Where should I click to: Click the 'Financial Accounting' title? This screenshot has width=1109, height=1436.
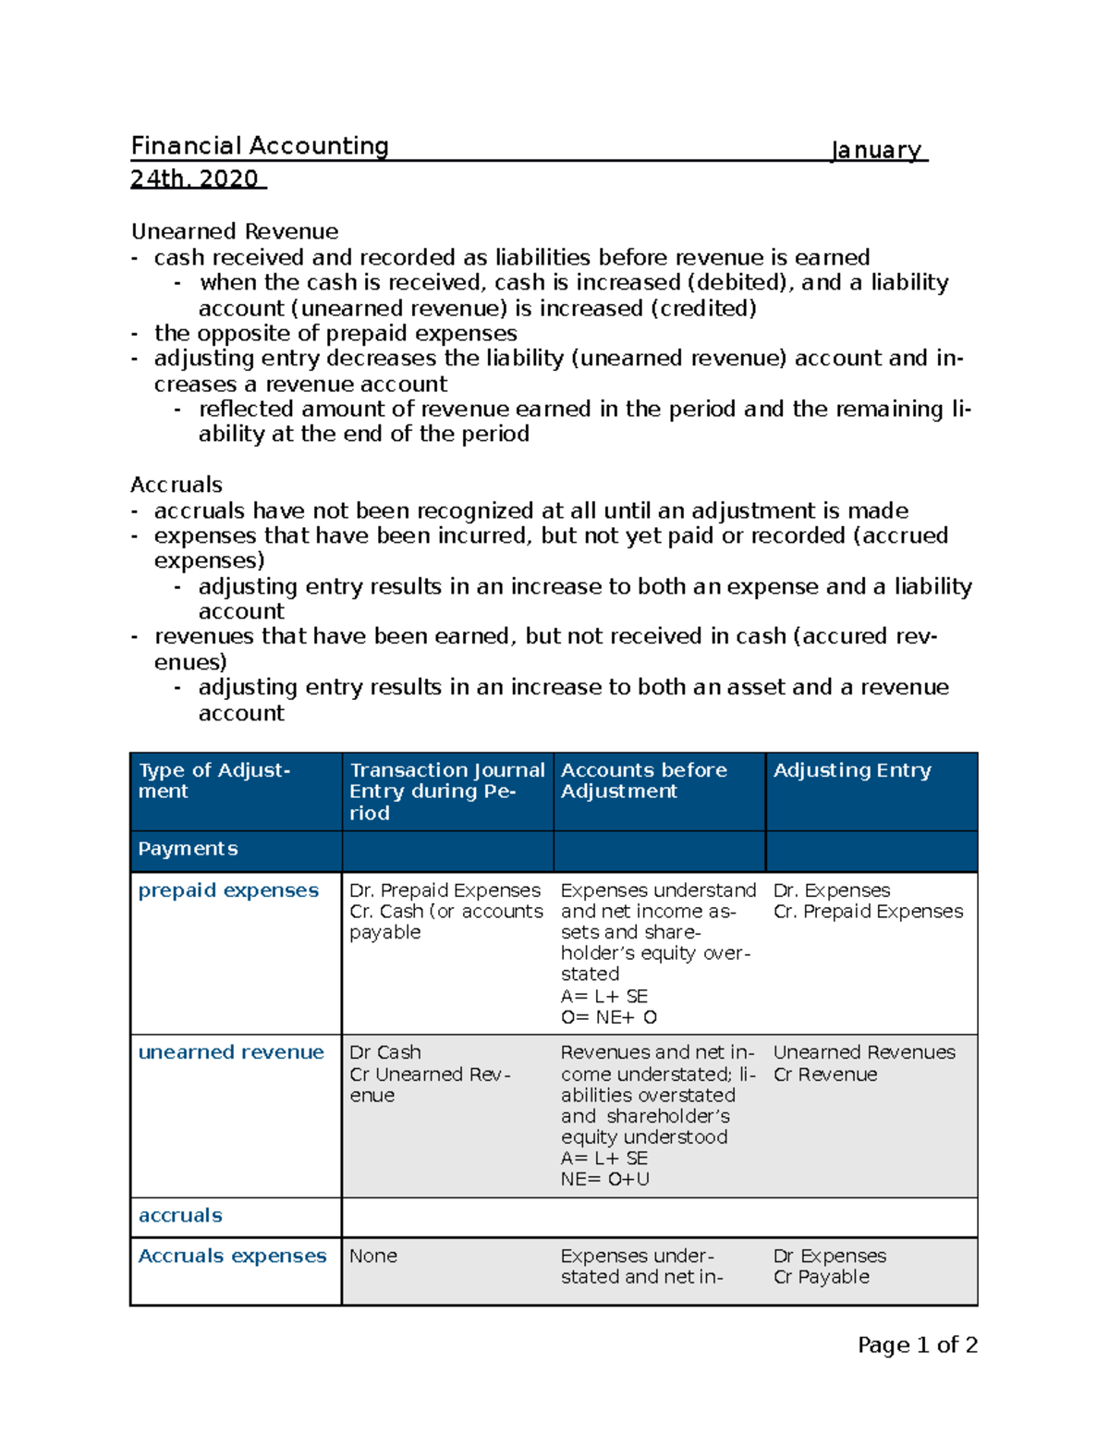pos(260,146)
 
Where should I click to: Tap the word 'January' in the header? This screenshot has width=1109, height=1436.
pos(876,150)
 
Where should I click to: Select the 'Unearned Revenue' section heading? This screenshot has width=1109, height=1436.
pos(235,231)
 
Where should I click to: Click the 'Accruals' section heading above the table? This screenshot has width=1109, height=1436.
pos(177,485)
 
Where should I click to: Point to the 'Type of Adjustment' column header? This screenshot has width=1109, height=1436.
pos(213,780)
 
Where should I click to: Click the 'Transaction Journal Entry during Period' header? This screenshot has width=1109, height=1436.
pos(446,791)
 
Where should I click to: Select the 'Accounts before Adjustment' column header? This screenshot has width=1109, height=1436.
pos(643,780)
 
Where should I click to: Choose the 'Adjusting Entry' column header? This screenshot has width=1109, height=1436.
pos(851,770)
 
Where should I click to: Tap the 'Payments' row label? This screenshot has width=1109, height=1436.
pos(188,849)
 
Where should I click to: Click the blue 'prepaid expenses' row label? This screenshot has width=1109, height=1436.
pos(228,890)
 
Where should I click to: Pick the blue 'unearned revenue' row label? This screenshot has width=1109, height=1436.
pos(231,1052)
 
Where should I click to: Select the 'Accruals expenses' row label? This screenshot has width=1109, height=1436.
pos(232,1256)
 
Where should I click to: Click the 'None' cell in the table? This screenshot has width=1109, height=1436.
pos(373,1256)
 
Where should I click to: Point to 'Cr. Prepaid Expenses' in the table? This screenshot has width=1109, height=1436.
pos(868,912)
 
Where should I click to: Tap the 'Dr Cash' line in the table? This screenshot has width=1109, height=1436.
pos(385,1052)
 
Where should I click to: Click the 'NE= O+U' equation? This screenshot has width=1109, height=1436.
pos(604,1179)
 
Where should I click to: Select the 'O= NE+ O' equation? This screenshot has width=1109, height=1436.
pos(608,1017)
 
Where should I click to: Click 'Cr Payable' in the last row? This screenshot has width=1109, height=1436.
pos(821,1277)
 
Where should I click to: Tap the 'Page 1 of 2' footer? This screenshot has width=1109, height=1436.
pos(917,1345)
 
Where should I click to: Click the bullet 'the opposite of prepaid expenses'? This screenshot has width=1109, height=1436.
pos(335,333)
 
